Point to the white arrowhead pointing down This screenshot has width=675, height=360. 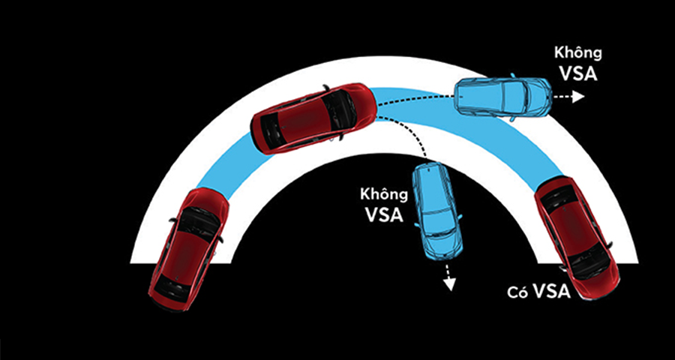pos(449,285)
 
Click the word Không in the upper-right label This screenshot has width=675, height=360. pos(578,54)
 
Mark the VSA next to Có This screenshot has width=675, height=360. pos(551,292)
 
